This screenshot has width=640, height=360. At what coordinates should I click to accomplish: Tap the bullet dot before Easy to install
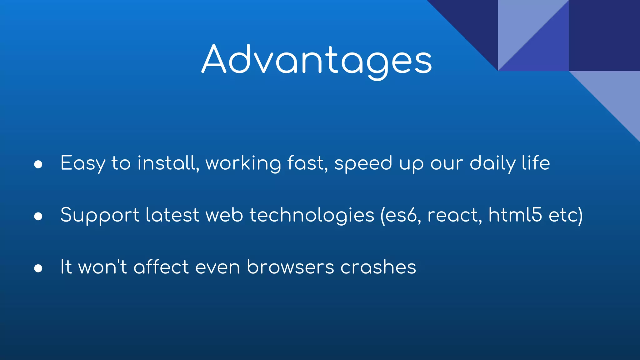click(x=38, y=164)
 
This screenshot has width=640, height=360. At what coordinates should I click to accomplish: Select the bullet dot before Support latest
click(x=38, y=216)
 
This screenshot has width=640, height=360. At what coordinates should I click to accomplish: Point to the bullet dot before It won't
click(x=38, y=268)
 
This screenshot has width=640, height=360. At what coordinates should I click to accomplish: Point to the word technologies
click(x=312, y=215)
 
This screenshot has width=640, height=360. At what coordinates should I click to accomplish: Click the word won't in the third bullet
click(x=102, y=267)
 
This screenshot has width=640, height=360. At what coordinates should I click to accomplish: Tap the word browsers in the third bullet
click(x=290, y=267)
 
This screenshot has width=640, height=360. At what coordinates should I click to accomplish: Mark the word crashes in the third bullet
click(x=378, y=267)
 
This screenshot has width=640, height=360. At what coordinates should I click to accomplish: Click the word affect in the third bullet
click(x=161, y=267)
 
